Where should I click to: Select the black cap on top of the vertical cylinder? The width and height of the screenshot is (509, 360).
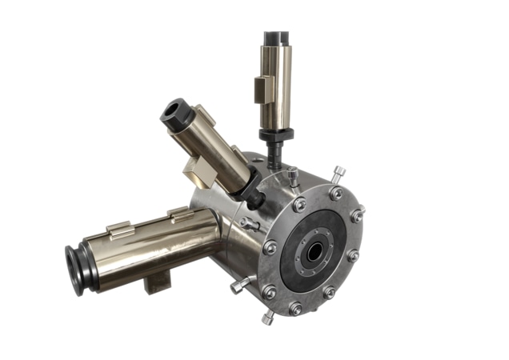pos(276,38)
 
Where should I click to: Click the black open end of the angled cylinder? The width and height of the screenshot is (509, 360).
pos(174,114)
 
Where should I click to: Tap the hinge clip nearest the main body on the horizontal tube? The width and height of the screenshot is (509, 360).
pos(181,214)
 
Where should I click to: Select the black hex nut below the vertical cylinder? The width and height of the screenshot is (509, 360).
pos(276,134)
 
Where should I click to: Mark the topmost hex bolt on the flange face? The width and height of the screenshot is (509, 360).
pos(336,193)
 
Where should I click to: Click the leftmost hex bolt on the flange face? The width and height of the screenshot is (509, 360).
pos(271,248)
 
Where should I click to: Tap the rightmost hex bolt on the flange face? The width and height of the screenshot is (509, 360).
pos(357,215)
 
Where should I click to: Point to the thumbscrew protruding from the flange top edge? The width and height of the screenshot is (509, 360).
pos(340,172)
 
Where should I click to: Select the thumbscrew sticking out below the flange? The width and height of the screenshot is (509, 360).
pos(267,318)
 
